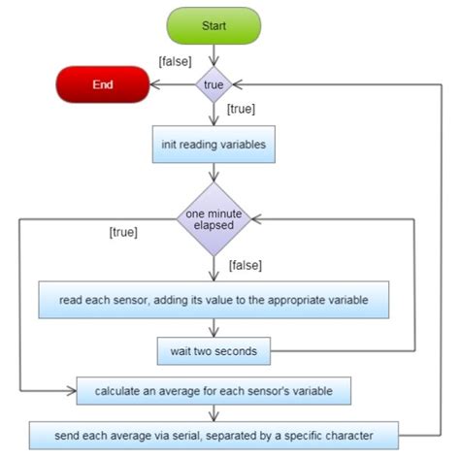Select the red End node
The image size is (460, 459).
point(102,84)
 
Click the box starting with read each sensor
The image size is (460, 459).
point(213,300)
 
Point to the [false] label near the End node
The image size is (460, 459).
point(174,62)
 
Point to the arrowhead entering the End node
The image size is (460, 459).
point(153,85)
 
